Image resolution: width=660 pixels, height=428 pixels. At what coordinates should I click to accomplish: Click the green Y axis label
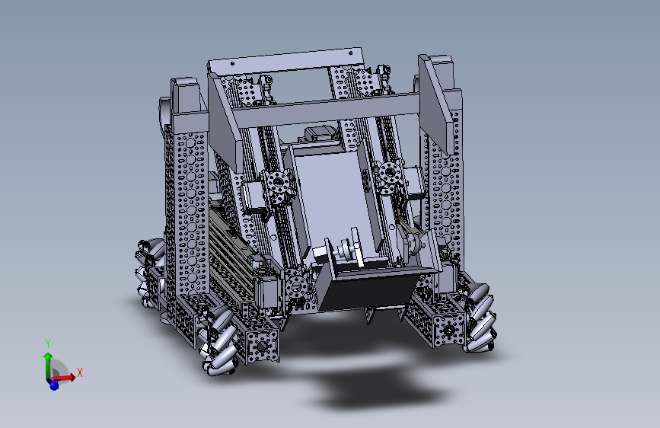[48, 343]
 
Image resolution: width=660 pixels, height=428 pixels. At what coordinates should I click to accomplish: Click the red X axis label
[80, 373]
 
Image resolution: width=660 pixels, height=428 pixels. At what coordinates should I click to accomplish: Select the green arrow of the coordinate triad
[48, 365]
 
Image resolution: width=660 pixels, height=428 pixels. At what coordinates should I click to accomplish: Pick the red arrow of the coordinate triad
[63, 377]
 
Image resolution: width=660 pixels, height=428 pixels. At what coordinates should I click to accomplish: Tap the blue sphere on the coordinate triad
[54, 385]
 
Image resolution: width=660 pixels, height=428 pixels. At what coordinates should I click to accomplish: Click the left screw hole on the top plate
[233, 64]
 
